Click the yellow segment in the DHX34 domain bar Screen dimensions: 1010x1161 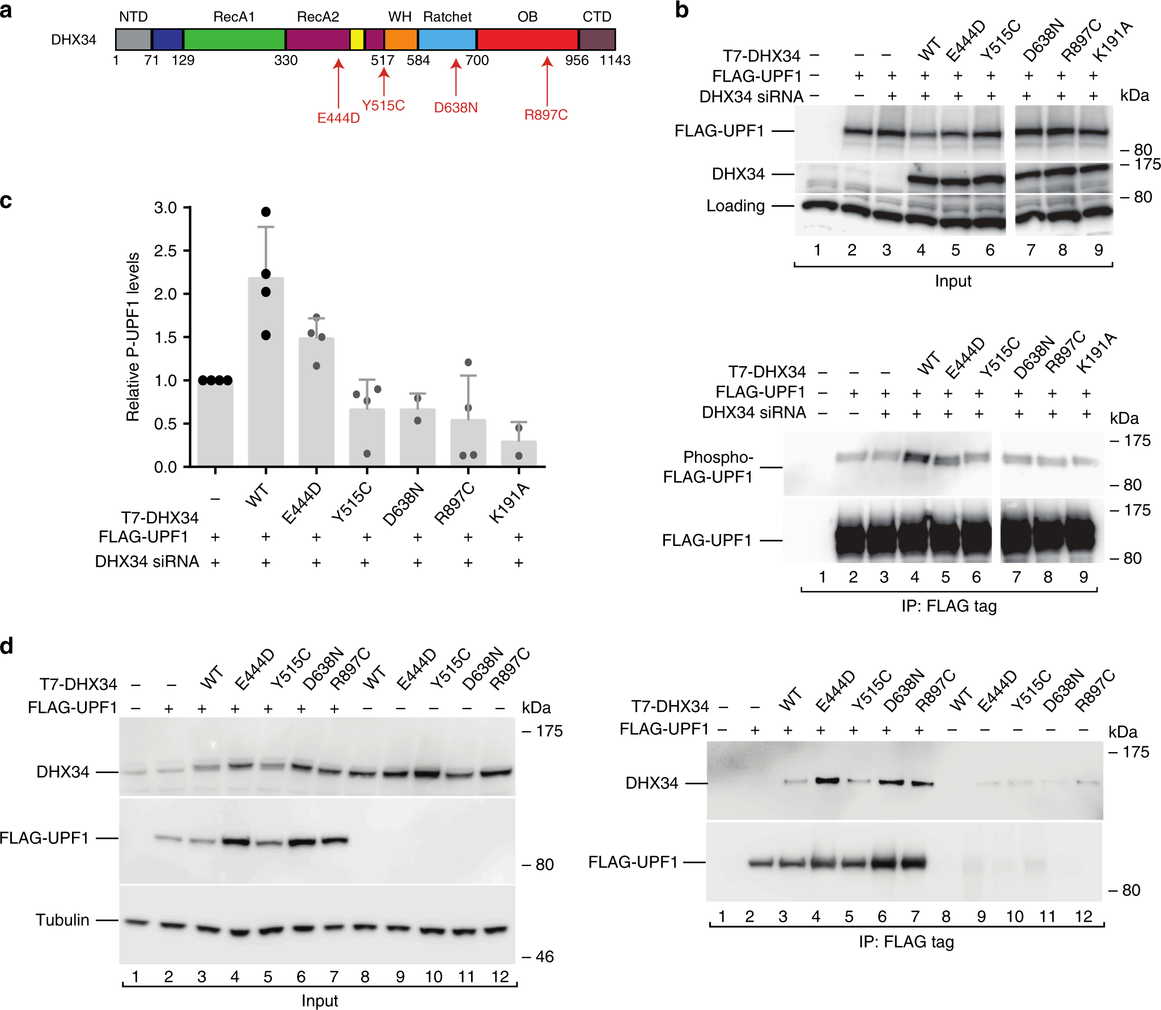(357, 39)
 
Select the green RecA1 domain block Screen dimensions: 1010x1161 (234, 39)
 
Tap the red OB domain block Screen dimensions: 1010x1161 (527, 39)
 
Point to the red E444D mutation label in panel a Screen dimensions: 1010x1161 (338, 118)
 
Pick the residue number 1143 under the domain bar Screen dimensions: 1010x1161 (615, 60)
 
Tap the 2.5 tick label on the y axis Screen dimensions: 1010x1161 (165, 251)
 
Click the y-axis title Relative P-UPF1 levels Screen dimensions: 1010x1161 (133, 337)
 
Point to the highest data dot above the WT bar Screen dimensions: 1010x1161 (266, 212)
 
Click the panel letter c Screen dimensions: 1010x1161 (6, 201)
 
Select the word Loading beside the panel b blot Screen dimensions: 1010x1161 (735, 206)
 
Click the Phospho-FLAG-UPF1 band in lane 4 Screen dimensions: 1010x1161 (915, 457)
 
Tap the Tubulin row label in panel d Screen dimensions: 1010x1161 (62, 920)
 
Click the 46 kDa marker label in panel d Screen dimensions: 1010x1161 (544, 957)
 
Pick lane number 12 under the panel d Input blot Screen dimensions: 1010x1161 (500, 977)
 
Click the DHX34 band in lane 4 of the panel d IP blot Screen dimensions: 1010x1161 (827, 780)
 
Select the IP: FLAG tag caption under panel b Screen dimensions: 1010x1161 (949, 606)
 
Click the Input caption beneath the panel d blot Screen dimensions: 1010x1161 (320, 1000)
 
